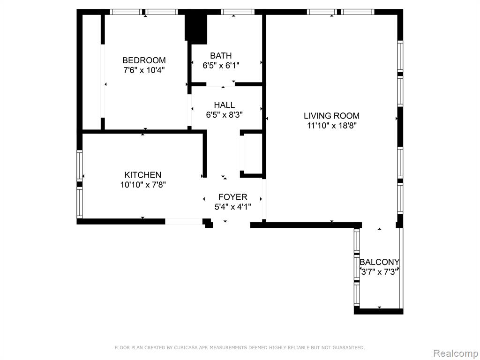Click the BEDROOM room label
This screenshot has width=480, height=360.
(144, 60)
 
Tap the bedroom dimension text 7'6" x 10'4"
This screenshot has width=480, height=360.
(144, 70)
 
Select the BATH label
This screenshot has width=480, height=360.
(221, 55)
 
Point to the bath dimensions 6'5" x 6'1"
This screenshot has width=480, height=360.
(221, 65)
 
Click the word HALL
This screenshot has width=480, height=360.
(225, 105)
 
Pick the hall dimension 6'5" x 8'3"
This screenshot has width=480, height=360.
(225, 115)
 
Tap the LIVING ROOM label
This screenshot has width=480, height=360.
(331, 116)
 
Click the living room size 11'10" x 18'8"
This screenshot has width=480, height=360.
(332, 126)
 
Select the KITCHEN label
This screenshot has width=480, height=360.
(142, 175)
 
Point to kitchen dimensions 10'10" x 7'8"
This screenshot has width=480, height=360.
(143, 185)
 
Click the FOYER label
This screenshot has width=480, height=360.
(232, 197)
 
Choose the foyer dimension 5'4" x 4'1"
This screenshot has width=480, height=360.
(232, 207)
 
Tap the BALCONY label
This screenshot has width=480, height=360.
(379, 262)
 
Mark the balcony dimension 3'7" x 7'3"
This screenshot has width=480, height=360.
(380, 271)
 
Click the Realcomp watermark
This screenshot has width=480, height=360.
(456, 353)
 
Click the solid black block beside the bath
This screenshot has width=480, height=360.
(196, 28)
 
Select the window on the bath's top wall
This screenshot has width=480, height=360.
(238, 12)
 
